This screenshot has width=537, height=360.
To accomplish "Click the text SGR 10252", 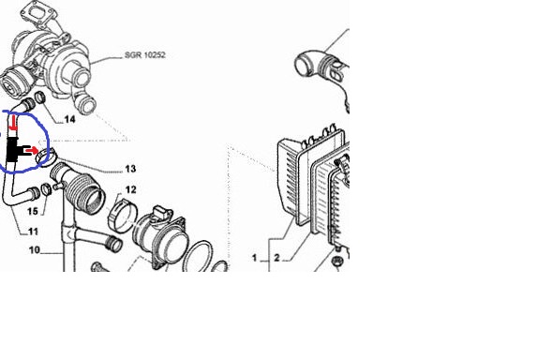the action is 145,54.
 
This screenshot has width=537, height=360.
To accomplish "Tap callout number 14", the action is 70,119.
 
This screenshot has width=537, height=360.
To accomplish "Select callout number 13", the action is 130,169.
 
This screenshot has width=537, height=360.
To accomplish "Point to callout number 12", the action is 131,189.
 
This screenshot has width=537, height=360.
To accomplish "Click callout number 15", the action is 33,211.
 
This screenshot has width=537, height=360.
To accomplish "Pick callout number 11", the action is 33,232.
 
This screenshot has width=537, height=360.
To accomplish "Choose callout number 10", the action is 35,250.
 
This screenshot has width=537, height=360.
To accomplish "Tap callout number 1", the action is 254,258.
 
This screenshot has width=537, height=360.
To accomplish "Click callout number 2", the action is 276,258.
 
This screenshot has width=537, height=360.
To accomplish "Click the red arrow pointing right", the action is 32,150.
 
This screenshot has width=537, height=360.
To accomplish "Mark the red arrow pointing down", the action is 13,123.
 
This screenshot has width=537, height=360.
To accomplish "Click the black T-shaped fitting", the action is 14,150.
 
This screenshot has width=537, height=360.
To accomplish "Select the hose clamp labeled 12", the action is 123,216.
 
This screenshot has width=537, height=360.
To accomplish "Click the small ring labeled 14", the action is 40,97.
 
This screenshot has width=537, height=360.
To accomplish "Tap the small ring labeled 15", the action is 46,188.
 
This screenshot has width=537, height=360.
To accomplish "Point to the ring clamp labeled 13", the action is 46,156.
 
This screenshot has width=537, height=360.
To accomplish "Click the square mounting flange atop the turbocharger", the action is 36,13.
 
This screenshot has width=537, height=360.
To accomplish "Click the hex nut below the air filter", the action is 337,262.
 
